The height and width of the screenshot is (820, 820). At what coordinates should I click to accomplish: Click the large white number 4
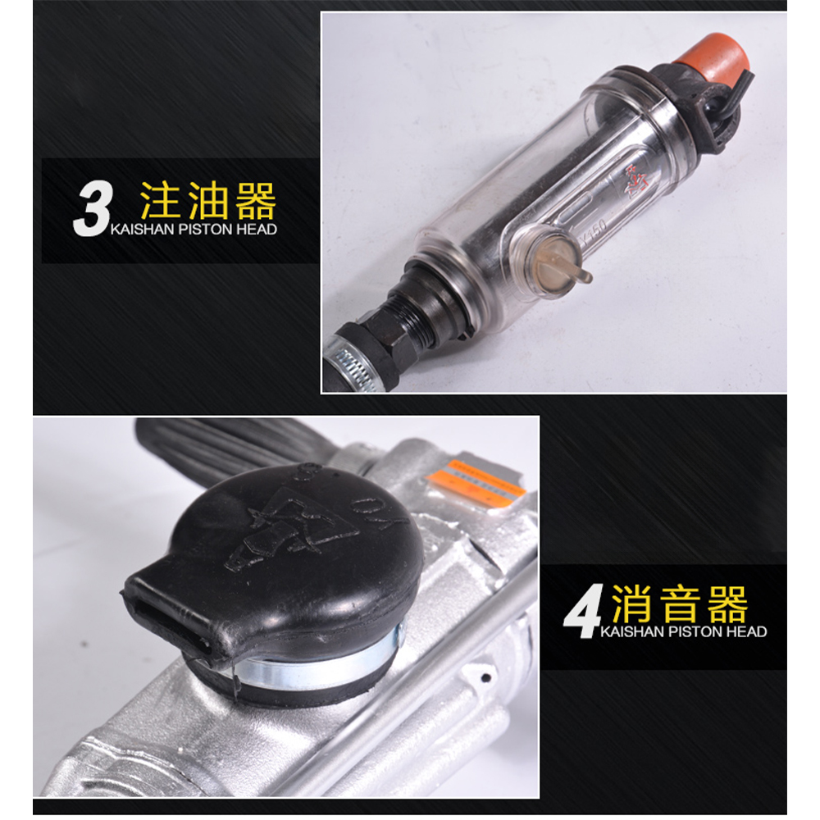581,615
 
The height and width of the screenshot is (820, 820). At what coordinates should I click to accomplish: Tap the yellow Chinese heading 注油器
207,200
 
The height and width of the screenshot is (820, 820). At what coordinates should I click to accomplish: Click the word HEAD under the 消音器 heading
746,632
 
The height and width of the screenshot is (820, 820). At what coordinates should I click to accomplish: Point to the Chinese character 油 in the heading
207,200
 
